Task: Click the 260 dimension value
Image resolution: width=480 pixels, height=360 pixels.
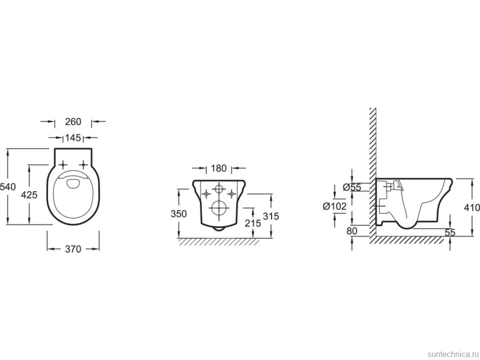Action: click(x=73, y=122)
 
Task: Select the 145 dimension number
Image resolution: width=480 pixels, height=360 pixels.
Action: click(x=73, y=138)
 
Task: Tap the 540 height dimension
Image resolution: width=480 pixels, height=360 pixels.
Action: click(x=7, y=186)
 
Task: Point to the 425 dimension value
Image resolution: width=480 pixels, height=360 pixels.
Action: click(x=29, y=194)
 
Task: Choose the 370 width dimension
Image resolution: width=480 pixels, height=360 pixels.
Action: click(x=73, y=249)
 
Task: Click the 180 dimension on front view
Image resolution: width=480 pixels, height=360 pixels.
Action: click(x=219, y=168)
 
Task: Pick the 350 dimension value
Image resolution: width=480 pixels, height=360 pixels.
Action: click(x=179, y=214)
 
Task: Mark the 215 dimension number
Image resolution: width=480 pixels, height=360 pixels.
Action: click(x=253, y=223)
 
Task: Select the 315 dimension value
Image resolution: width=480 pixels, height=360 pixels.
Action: click(x=271, y=216)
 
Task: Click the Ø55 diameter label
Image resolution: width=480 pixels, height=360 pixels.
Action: click(x=352, y=187)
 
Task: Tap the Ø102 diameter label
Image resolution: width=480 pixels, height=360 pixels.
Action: click(x=335, y=207)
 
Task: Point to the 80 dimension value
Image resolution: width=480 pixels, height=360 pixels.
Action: click(x=352, y=231)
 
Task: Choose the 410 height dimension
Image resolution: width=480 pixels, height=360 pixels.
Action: click(x=472, y=208)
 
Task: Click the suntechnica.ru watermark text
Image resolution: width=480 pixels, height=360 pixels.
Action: click(x=453, y=354)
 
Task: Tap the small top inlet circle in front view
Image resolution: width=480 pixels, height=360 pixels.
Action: click(x=219, y=189)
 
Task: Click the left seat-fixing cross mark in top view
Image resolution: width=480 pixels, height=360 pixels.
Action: click(x=63, y=165)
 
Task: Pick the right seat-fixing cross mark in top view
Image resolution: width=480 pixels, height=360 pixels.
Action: click(x=83, y=165)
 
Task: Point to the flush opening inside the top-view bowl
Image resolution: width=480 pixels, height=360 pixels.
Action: click(x=73, y=183)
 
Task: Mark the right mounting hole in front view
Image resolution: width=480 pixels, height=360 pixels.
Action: click(x=232, y=193)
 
